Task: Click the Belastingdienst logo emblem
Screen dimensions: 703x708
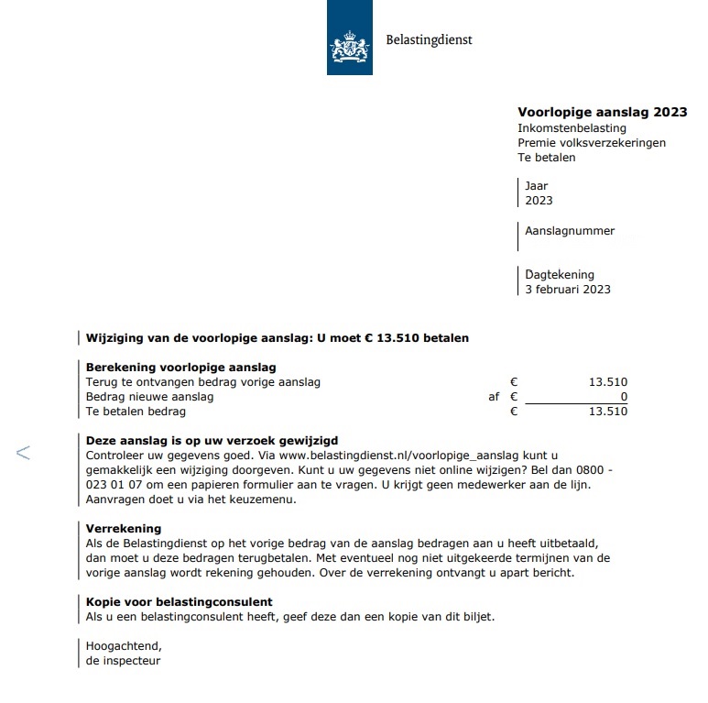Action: (x=349, y=44)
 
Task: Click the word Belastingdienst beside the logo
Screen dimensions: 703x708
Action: (x=429, y=40)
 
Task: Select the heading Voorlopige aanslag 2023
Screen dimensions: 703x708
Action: (x=602, y=112)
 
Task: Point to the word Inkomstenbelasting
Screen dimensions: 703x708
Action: (x=572, y=128)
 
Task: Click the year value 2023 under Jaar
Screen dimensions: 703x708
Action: (x=539, y=201)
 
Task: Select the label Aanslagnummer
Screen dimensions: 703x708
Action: (x=570, y=231)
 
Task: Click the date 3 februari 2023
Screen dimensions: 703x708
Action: (x=567, y=290)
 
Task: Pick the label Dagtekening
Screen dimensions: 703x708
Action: (x=560, y=274)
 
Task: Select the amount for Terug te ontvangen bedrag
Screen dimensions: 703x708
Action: (x=608, y=382)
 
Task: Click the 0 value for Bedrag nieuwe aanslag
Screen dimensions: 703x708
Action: (x=624, y=397)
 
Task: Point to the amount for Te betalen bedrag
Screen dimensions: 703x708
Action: (x=608, y=412)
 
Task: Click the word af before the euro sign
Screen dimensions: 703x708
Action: (x=495, y=397)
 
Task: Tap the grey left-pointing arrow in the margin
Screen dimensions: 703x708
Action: (x=24, y=452)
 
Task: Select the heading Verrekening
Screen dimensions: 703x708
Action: (x=124, y=529)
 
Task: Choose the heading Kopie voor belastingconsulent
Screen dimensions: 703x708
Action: (x=179, y=602)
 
